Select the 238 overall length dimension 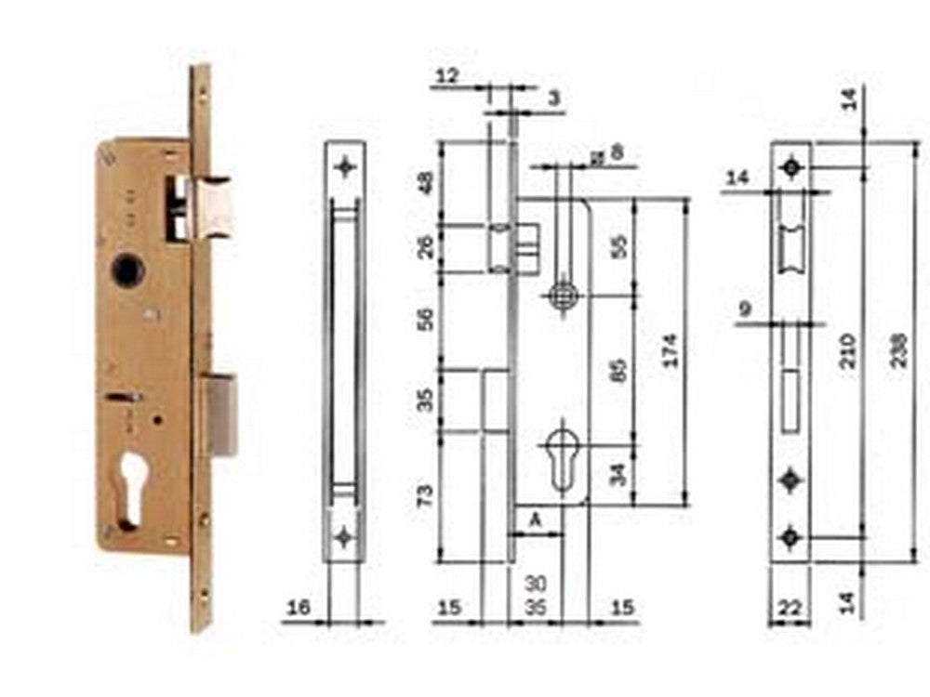tap(899, 348)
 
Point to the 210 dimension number tap(848, 348)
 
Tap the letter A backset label tap(537, 521)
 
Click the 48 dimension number tap(425, 182)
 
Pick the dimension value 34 tap(622, 474)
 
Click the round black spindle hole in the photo tap(124, 270)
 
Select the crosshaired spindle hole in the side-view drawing tap(562, 296)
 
